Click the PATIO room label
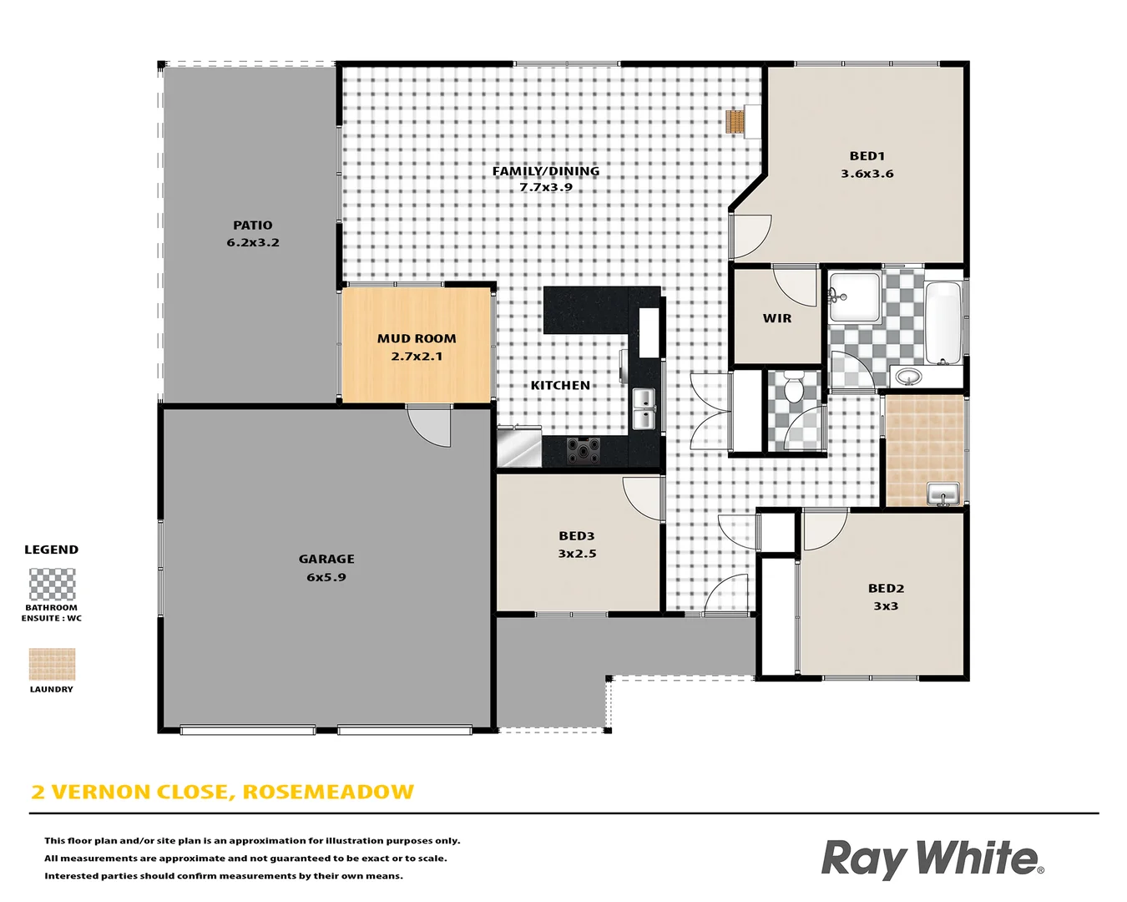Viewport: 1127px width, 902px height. pyautogui.click(x=253, y=225)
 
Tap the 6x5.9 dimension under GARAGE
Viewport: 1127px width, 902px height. pyautogui.click(x=326, y=577)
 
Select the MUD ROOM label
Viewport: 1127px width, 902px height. pyautogui.click(x=417, y=338)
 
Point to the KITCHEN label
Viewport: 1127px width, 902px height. pyautogui.click(x=560, y=385)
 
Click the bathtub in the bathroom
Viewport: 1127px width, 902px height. pyautogui.click(x=943, y=322)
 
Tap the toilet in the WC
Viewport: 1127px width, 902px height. pyautogui.click(x=793, y=388)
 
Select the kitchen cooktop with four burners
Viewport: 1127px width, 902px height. pyautogui.click(x=584, y=450)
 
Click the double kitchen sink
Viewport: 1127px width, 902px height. pyautogui.click(x=644, y=408)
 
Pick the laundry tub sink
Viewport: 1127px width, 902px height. pyautogui.click(x=943, y=494)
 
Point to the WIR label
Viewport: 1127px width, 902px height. pyautogui.click(x=777, y=318)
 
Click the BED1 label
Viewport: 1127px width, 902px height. pyautogui.click(x=867, y=156)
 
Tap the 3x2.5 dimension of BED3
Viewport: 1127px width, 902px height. pyautogui.click(x=577, y=554)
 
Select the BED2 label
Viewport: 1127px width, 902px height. pyautogui.click(x=886, y=588)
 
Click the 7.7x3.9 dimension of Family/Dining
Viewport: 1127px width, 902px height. pyautogui.click(x=546, y=187)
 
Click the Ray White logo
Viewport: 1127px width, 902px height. pyautogui.click(x=932, y=859)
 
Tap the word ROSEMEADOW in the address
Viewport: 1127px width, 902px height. pyautogui.click(x=328, y=792)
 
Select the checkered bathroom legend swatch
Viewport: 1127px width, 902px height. pyautogui.click(x=52, y=585)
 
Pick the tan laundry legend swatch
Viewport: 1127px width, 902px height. pyautogui.click(x=52, y=664)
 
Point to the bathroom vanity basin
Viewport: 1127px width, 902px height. pyautogui.click(x=908, y=378)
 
